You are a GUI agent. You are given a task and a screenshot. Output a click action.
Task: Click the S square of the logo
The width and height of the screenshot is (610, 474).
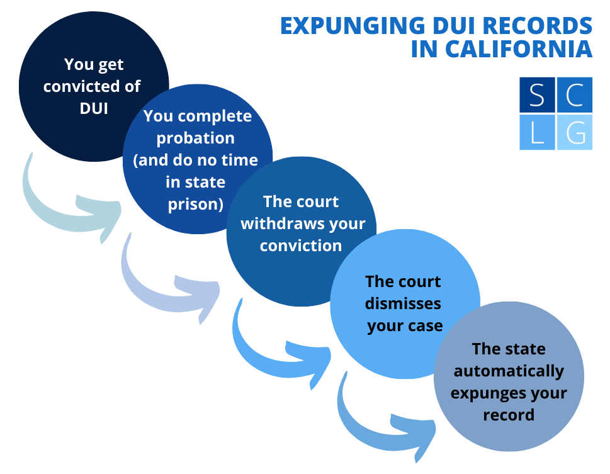537,96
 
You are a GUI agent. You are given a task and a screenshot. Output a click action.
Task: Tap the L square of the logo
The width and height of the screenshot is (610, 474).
537,132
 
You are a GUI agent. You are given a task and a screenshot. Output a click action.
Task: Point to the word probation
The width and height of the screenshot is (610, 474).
195,138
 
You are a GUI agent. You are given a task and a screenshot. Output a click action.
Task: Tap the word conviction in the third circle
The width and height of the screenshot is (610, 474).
301,245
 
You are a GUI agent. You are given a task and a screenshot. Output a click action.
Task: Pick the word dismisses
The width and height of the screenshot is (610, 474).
404,303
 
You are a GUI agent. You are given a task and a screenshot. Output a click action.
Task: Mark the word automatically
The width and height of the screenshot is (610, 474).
509,371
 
